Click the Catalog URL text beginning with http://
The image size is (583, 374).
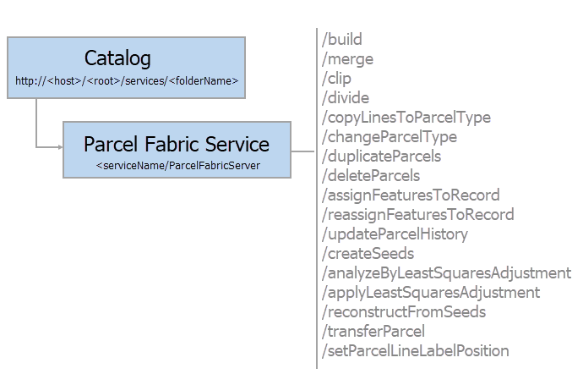click(x=127, y=81)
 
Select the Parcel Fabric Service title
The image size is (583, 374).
click(x=177, y=144)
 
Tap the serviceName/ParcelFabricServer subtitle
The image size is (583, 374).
click(x=177, y=165)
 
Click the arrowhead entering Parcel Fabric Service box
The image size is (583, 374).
click(x=60, y=148)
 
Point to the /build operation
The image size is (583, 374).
click(x=342, y=40)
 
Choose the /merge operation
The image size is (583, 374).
click(x=347, y=59)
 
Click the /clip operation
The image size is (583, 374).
click(x=337, y=79)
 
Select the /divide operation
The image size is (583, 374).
click(x=346, y=98)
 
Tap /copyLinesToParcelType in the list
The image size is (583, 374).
click(x=406, y=118)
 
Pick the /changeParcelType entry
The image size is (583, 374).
click(x=389, y=137)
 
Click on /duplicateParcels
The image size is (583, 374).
click(x=381, y=157)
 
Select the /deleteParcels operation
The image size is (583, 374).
click(x=371, y=176)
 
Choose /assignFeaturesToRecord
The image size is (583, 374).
click(x=411, y=195)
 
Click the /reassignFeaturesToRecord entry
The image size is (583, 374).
click(x=417, y=214)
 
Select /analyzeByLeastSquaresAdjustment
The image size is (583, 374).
click(x=446, y=272)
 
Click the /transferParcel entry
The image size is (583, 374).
click(x=373, y=331)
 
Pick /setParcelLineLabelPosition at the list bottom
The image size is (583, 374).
click(x=415, y=350)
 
